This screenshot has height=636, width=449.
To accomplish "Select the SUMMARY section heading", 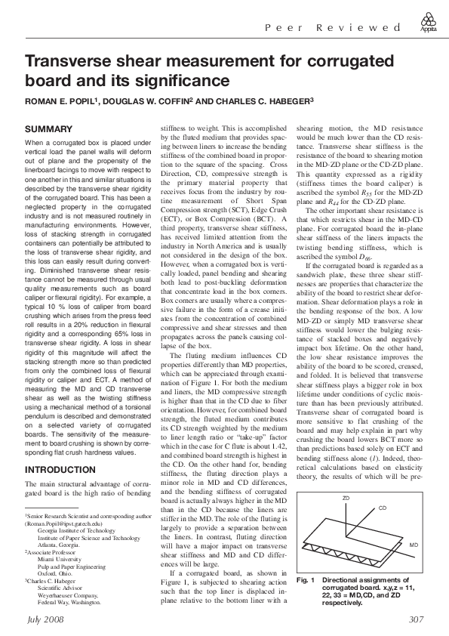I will [49, 129].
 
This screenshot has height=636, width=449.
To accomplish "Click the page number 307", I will [416, 619].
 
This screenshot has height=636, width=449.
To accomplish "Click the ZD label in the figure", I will [346, 500].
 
